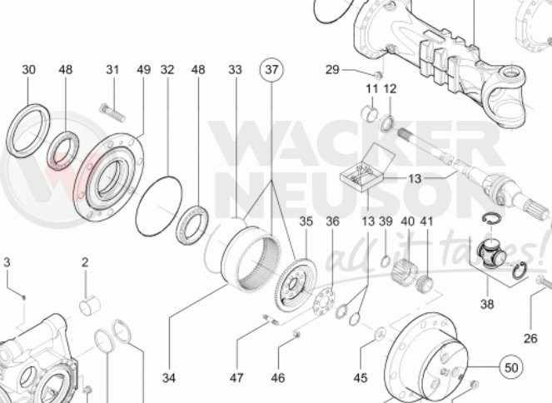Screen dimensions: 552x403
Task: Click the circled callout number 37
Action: point(271,70)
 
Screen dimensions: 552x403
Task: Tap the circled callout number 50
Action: point(511,367)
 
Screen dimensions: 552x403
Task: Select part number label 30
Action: point(28,70)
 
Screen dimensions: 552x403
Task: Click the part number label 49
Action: point(144,70)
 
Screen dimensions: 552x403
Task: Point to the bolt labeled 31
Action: point(112,112)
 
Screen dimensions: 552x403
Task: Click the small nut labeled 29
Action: point(379,75)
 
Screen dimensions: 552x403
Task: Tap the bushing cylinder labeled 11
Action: point(370,113)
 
